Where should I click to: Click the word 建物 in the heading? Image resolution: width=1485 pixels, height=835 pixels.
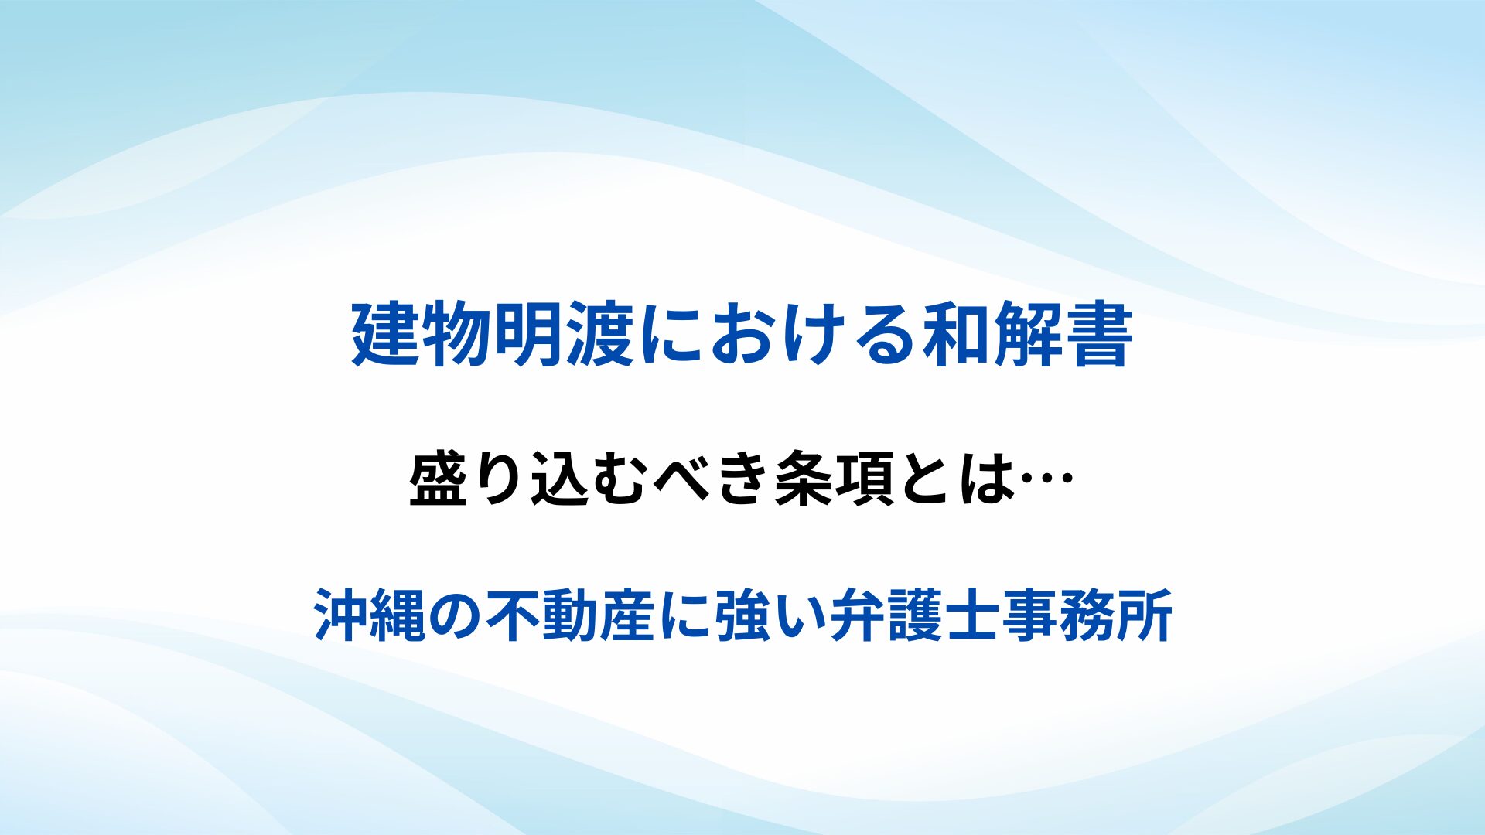422,335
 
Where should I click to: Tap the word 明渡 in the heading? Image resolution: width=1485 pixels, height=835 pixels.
565,335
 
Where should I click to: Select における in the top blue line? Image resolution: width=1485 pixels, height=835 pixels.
779,335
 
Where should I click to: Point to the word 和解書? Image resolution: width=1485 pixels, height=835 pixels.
1027,335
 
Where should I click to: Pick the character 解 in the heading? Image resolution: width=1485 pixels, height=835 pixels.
1027,335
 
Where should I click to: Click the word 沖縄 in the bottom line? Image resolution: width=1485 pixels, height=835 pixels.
370,615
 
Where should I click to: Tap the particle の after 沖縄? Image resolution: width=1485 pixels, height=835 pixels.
456,616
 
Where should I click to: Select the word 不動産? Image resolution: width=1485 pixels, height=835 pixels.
571,615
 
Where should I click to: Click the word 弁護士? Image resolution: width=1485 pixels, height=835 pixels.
915,615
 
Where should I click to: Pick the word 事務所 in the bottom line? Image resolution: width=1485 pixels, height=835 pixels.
1087,615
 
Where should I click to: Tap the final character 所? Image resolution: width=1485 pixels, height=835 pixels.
1145,615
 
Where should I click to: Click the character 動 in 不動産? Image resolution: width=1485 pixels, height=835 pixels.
571,615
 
